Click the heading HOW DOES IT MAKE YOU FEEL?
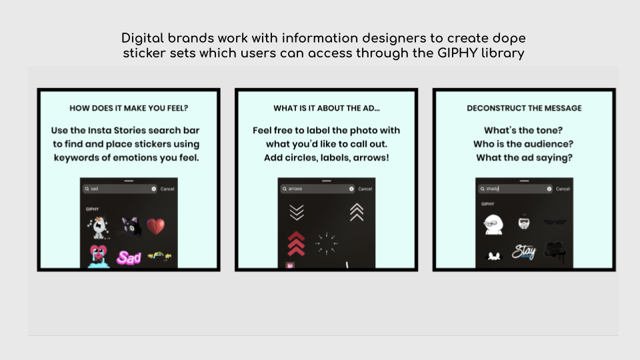point(129,108)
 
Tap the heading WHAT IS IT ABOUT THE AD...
point(327,108)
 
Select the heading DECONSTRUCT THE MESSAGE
point(524,108)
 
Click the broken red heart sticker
point(155,226)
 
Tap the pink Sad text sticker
point(129,257)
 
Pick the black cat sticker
point(131,227)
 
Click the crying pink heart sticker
point(99,256)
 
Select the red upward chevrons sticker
point(296,244)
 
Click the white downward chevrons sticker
point(297,212)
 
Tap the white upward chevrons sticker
point(356,212)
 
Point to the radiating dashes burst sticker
point(327,244)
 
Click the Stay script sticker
point(524,251)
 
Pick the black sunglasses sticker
point(555,222)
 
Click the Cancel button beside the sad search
point(167,189)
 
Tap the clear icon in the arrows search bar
point(351,189)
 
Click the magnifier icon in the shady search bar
point(482,189)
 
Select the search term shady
point(492,189)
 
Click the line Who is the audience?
point(523,144)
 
